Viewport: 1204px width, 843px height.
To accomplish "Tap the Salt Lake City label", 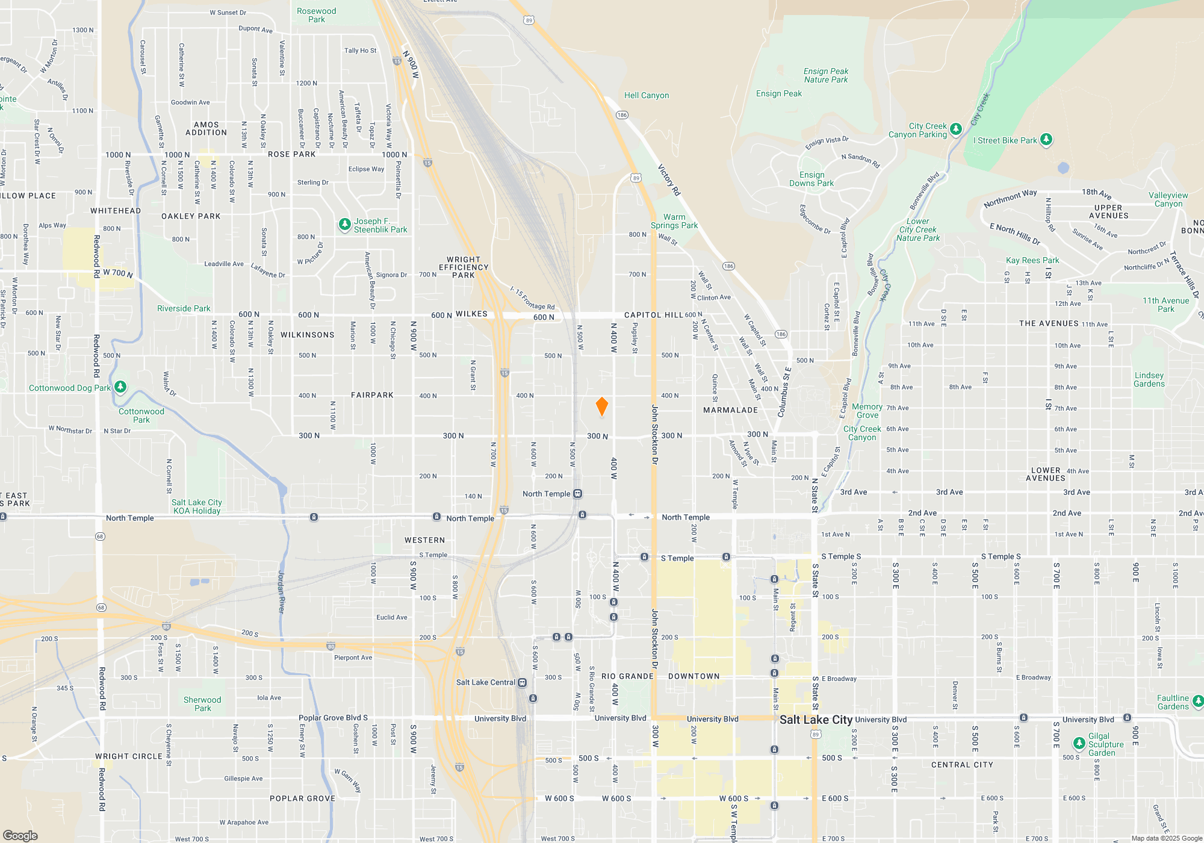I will (x=816, y=720).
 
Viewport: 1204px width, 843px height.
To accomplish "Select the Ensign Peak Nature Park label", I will (x=825, y=75).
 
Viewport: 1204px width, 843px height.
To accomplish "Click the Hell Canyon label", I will (x=646, y=95).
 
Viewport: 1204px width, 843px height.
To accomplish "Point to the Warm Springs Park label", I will (x=674, y=221).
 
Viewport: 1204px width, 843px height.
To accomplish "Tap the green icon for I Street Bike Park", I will (x=1046, y=140).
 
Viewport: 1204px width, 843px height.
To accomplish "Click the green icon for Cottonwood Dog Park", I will (x=120, y=387).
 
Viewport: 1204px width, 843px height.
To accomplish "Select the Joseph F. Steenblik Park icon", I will (x=344, y=225).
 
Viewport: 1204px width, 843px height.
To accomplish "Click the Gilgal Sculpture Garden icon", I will (x=1079, y=744).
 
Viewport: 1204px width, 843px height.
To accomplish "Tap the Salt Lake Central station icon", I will (x=523, y=682).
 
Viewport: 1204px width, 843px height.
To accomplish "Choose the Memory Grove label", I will (x=867, y=411).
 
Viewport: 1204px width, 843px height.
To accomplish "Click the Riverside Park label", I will (x=184, y=308).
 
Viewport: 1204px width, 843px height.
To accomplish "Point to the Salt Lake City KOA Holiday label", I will (x=196, y=506).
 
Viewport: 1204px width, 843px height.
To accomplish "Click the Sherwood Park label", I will (x=202, y=704).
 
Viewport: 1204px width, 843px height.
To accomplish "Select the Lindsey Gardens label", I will (x=1149, y=379).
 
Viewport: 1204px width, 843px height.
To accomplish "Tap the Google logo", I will (x=20, y=835).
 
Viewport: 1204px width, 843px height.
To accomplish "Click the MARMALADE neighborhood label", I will (x=730, y=410).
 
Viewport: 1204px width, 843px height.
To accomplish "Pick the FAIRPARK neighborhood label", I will (x=372, y=395).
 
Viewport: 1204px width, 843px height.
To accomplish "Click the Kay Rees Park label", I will (x=1032, y=260).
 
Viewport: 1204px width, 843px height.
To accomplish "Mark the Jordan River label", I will (x=281, y=591).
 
